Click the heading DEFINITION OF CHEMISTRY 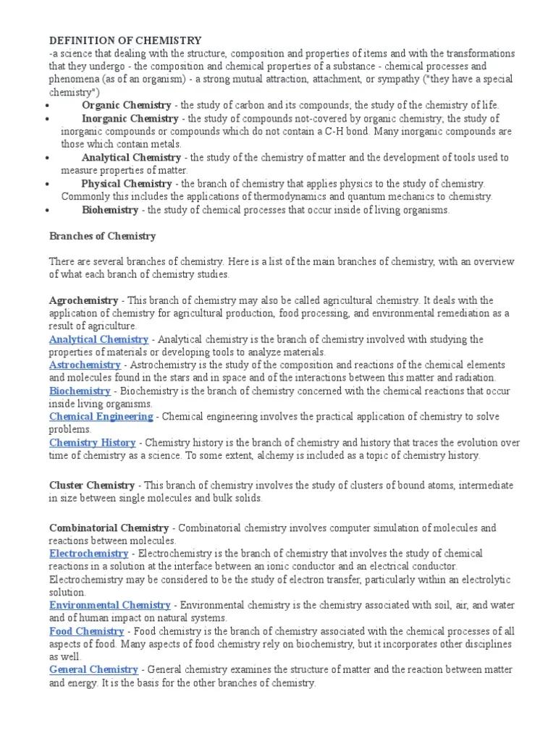click(x=125, y=41)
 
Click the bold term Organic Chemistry click(x=127, y=105)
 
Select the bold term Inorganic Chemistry click(x=130, y=118)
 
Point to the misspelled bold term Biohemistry click(x=109, y=210)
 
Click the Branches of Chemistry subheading click(x=102, y=236)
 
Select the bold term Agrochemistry click(x=83, y=300)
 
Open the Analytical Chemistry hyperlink click(x=98, y=339)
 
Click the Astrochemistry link click(x=85, y=365)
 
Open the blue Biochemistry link click(x=80, y=391)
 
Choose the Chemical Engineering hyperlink click(x=101, y=417)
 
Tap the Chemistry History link click(x=92, y=443)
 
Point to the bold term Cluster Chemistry click(x=91, y=486)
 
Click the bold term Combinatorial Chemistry click(x=109, y=528)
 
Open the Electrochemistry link click(x=89, y=554)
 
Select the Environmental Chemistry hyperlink click(x=109, y=605)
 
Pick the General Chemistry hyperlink click(x=93, y=670)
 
